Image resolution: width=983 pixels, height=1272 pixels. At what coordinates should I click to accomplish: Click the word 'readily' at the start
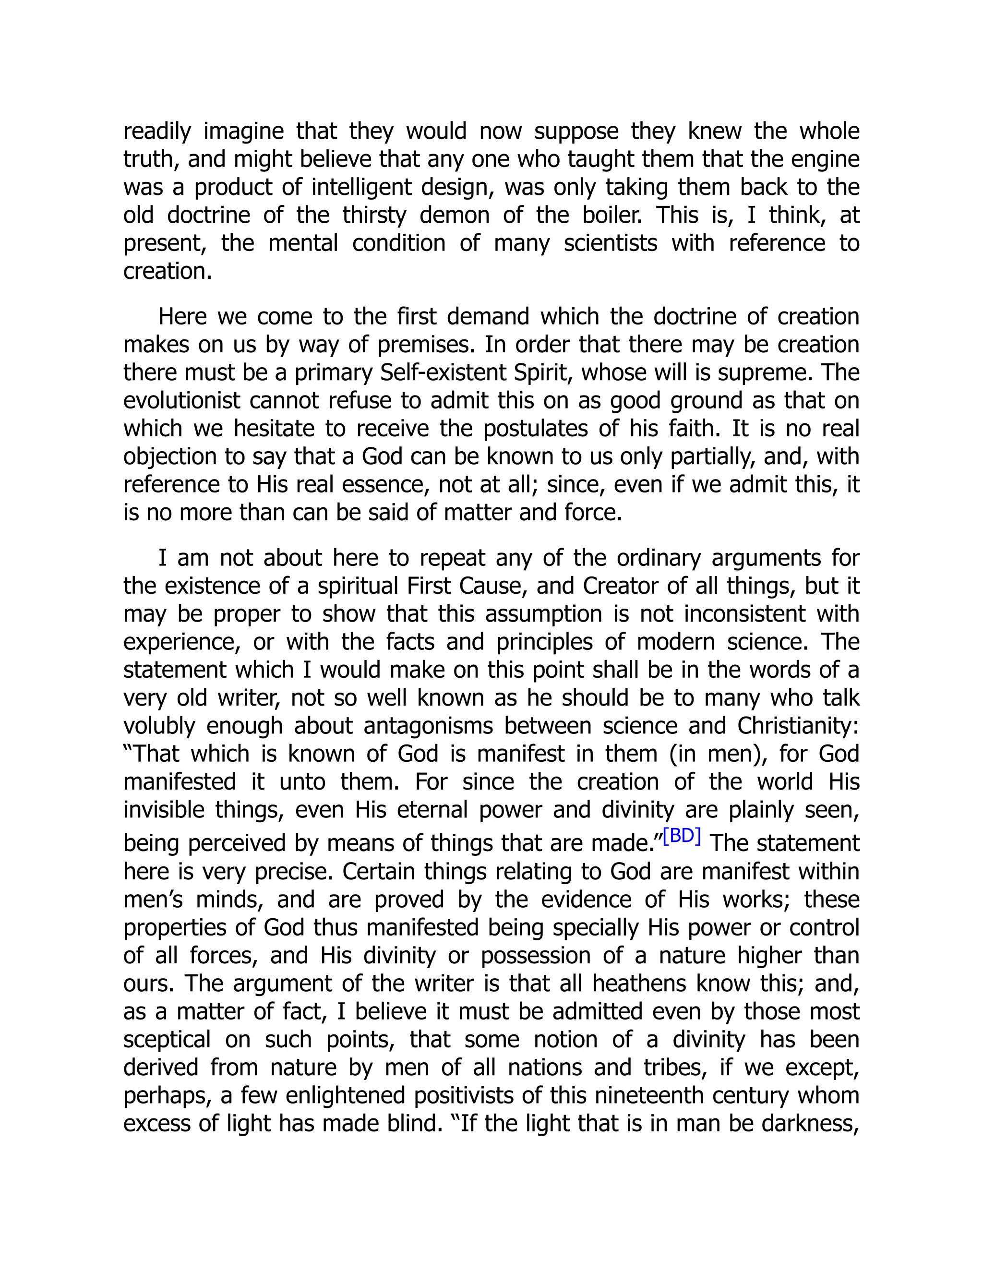(x=156, y=131)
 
